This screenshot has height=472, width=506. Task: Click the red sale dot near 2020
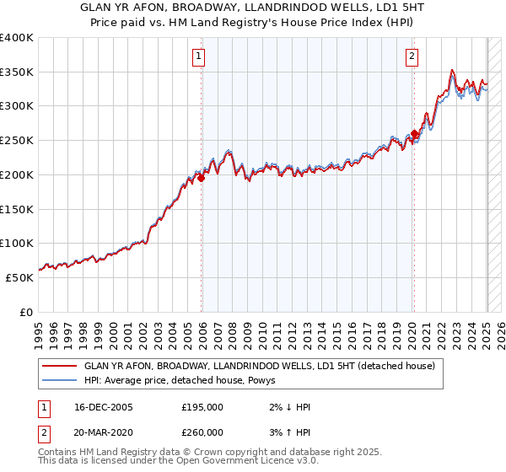414,134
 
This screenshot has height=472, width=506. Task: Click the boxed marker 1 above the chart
198,57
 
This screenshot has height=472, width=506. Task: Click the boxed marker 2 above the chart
412,57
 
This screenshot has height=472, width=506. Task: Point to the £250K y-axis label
17,140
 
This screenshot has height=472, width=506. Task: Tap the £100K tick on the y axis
17,243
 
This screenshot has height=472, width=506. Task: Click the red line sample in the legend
61,366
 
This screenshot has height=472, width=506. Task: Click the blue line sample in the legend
61,380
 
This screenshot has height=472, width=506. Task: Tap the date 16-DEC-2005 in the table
104,407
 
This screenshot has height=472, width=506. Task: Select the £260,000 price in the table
202,432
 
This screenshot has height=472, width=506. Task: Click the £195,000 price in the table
202,407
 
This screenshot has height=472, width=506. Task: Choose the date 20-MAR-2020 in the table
105,432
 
